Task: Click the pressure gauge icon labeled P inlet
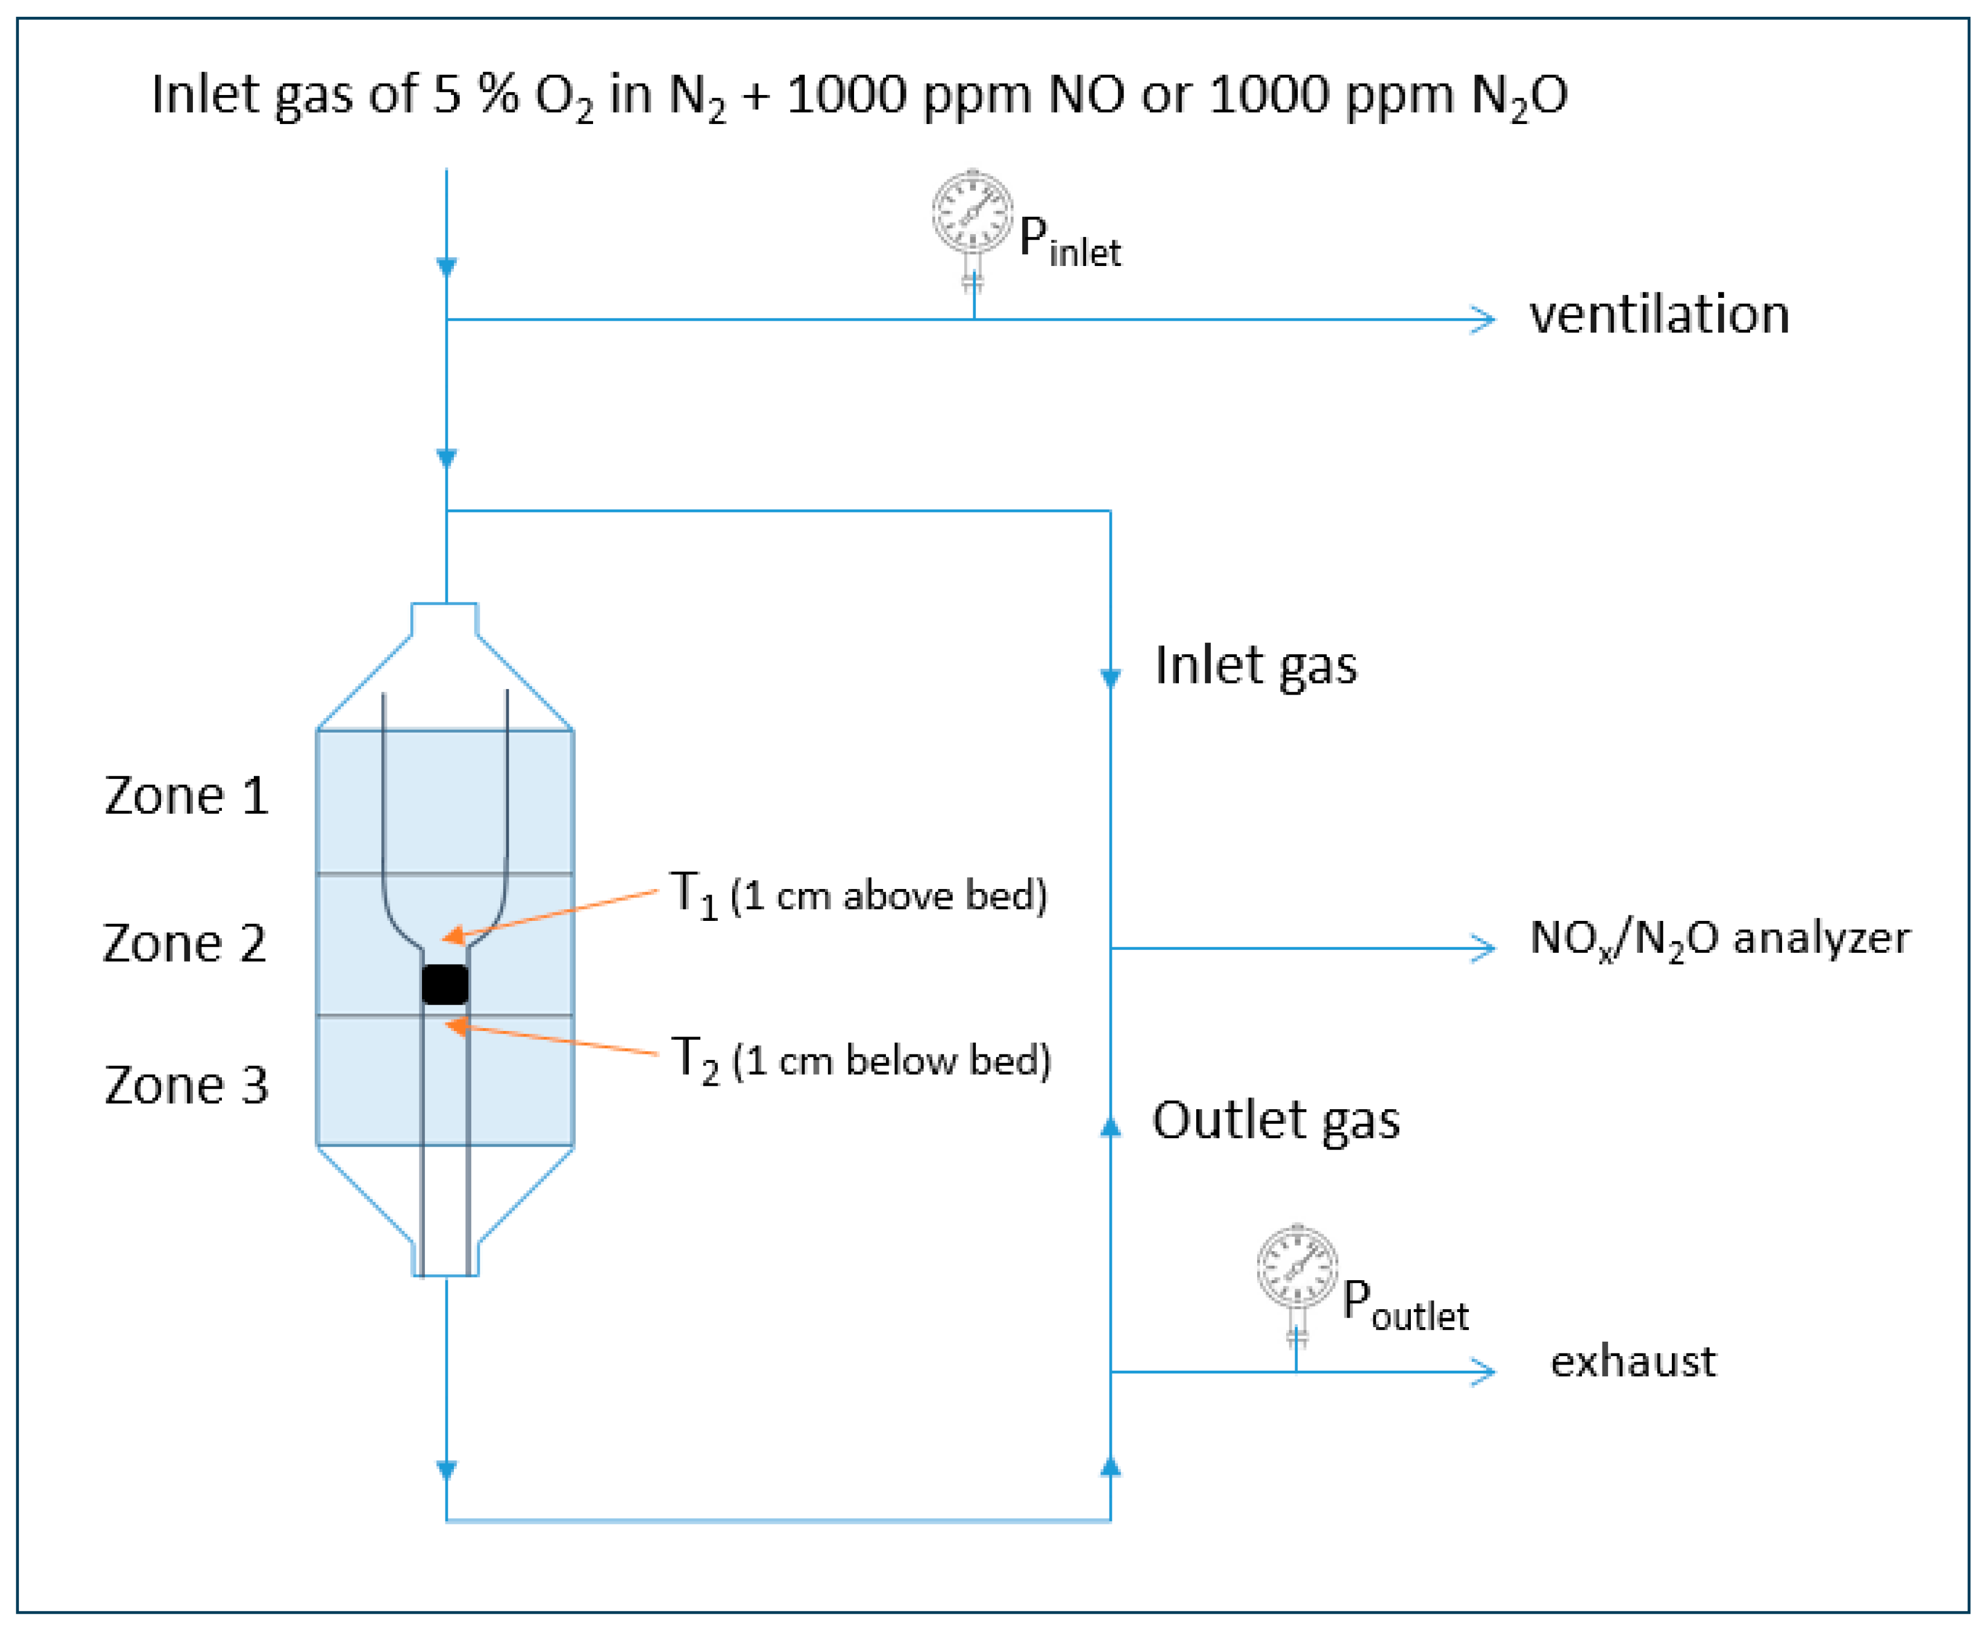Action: pos(972,211)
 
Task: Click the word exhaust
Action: pos(1632,1361)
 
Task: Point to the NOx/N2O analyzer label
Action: pos(1718,938)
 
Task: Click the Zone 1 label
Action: pos(186,796)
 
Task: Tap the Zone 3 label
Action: pos(186,1085)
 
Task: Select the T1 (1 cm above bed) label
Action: pos(857,894)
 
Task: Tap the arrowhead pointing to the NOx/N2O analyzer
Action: pos(1483,948)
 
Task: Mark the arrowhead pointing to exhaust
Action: pos(1483,1372)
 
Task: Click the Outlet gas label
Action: pos(1275,1121)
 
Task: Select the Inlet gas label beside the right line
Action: pos(1255,666)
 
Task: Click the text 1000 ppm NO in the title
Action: pos(955,95)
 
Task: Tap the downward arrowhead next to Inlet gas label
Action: pos(1110,678)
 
